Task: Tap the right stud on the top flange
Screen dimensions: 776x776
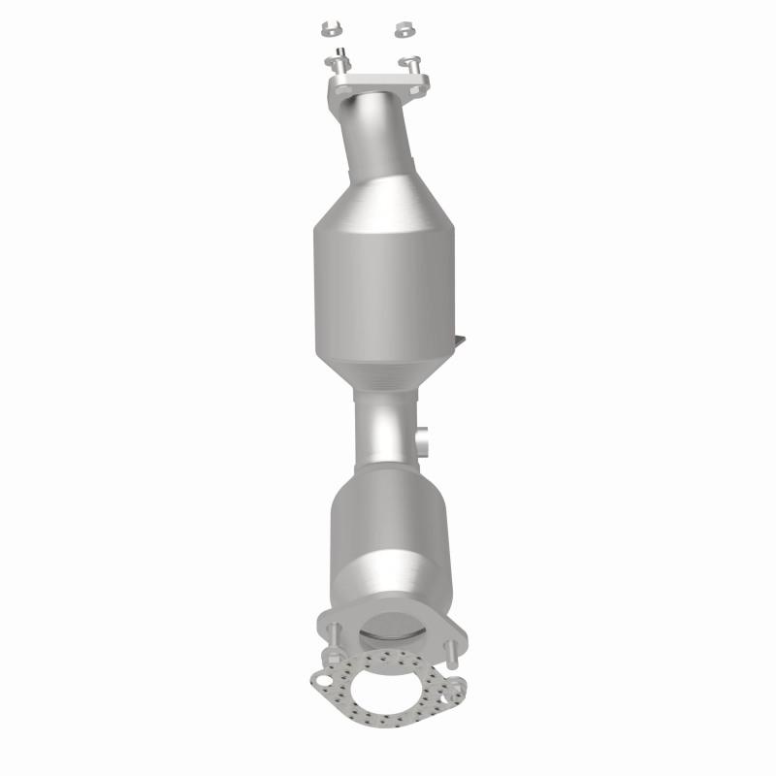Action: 411,64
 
